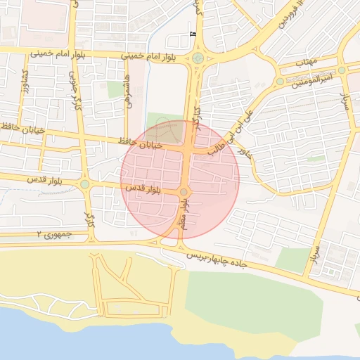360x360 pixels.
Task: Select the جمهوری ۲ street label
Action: [49, 233]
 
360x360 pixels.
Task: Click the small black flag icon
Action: [193, 34]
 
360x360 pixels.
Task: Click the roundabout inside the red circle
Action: [184, 192]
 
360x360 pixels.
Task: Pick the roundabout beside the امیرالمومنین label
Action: [280, 82]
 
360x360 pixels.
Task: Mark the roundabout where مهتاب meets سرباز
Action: [342, 70]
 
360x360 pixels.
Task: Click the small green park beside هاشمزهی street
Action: [115, 89]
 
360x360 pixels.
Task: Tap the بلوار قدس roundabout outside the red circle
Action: [85, 184]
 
